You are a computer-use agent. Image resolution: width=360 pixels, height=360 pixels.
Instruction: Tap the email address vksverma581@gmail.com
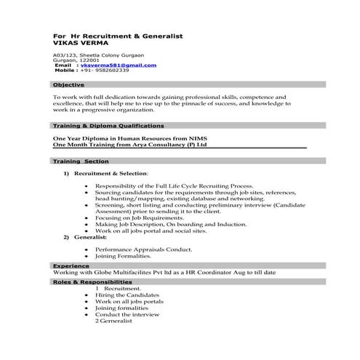(118, 65)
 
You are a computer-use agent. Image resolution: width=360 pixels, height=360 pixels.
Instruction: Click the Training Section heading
(81, 161)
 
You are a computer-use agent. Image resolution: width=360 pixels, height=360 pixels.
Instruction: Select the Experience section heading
(71, 266)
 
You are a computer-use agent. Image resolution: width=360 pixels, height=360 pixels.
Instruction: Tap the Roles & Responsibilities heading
(92, 281)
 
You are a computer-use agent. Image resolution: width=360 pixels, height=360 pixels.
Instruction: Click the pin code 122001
(96, 60)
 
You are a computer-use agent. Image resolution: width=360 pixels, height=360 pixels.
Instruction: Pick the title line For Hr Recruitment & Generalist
(118, 36)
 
